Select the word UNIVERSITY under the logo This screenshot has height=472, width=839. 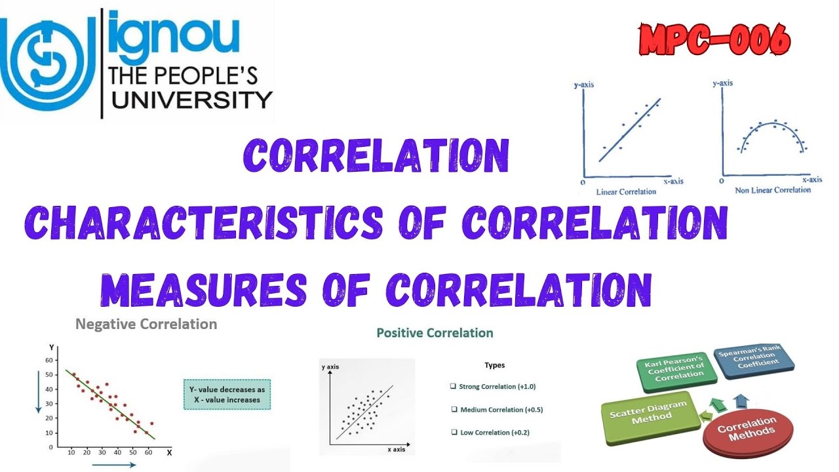click(x=190, y=100)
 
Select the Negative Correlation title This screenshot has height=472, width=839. click(x=146, y=324)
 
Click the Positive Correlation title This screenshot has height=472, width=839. click(x=435, y=333)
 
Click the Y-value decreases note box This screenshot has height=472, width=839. click(x=227, y=394)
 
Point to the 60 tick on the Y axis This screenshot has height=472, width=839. click(x=49, y=360)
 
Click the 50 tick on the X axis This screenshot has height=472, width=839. click(x=132, y=452)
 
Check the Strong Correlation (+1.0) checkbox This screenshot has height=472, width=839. click(x=453, y=387)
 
